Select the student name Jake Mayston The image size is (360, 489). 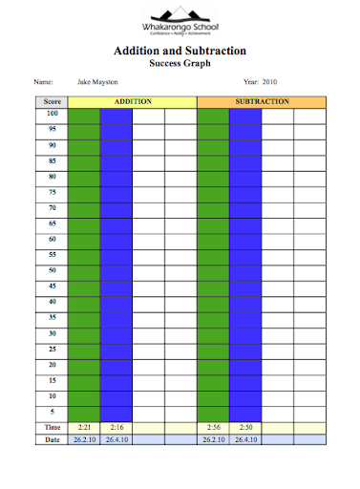97,83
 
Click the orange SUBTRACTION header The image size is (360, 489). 261,100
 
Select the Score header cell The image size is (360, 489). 52,100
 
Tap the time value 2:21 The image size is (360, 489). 84,427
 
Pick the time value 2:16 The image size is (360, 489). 116,427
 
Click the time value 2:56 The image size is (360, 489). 213,427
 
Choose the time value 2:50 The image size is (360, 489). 245,427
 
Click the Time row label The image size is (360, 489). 52,427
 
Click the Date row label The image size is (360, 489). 52,439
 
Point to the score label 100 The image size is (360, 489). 52,114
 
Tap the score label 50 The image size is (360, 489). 52,270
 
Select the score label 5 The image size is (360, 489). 52,411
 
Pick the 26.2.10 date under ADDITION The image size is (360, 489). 84,439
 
